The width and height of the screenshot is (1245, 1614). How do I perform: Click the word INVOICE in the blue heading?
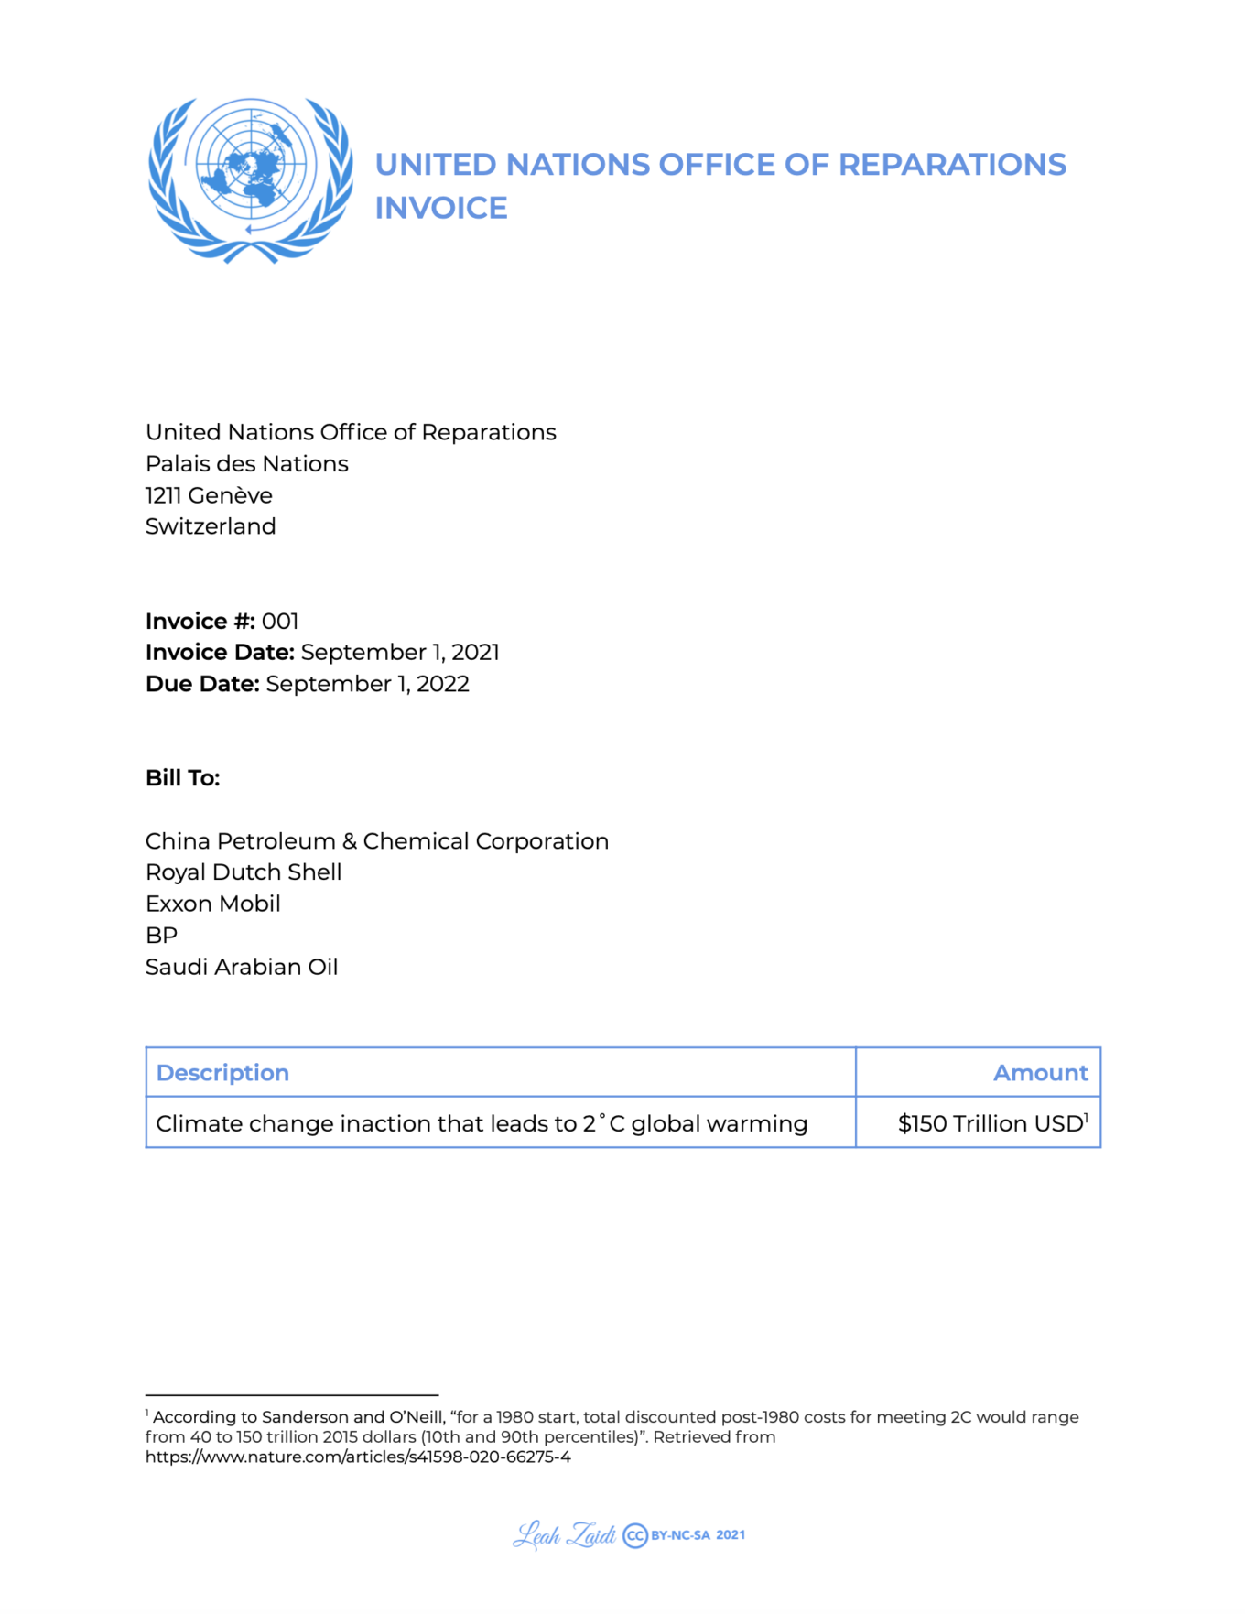click(x=440, y=209)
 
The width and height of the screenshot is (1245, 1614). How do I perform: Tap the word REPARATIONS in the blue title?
click(x=952, y=165)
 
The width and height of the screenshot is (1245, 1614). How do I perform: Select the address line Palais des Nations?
click(x=246, y=464)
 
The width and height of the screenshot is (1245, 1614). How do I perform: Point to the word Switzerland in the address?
click(x=211, y=526)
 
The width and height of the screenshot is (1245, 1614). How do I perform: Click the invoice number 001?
click(x=280, y=622)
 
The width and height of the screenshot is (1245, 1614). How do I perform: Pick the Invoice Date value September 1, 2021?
click(x=400, y=653)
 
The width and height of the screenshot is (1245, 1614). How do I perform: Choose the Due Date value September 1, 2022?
click(x=367, y=684)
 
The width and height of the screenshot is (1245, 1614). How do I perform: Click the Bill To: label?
click(x=183, y=778)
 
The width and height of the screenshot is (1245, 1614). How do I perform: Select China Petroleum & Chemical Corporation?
click(x=376, y=841)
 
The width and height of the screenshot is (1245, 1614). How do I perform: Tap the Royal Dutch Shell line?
click(x=244, y=872)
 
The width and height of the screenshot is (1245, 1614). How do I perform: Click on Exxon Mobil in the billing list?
click(x=212, y=904)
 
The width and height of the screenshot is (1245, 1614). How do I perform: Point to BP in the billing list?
click(x=161, y=936)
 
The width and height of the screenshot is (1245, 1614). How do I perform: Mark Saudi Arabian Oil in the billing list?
click(x=242, y=968)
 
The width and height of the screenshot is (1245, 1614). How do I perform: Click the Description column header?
click(x=222, y=1073)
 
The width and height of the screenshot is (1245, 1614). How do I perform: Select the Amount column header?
click(x=1040, y=1073)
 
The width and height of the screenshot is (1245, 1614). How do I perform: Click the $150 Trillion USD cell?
click(x=991, y=1123)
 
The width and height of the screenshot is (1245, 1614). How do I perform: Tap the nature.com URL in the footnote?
click(x=358, y=1457)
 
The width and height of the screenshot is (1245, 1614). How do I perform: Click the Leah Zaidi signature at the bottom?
click(x=564, y=1535)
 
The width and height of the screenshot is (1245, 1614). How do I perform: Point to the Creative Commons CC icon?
click(x=635, y=1535)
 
